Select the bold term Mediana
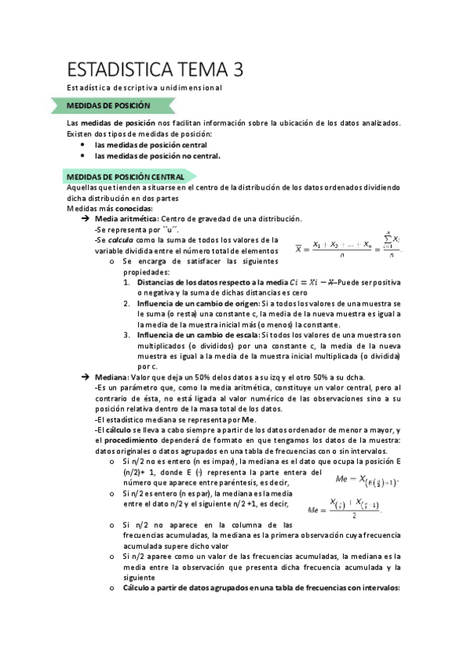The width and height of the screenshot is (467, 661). click(111, 376)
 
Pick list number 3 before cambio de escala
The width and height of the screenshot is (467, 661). click(126, 334)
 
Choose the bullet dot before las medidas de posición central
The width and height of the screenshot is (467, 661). click(83, 144)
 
